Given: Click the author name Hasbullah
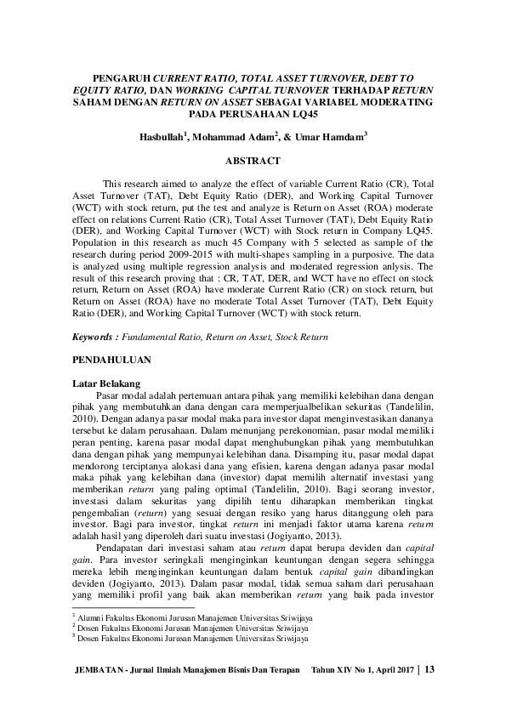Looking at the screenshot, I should coord(162,136).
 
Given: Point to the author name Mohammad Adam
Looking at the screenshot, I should coord(233,136).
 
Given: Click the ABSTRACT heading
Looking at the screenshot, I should coord(252,160).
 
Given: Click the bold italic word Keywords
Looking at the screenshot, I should coord(95,337).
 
